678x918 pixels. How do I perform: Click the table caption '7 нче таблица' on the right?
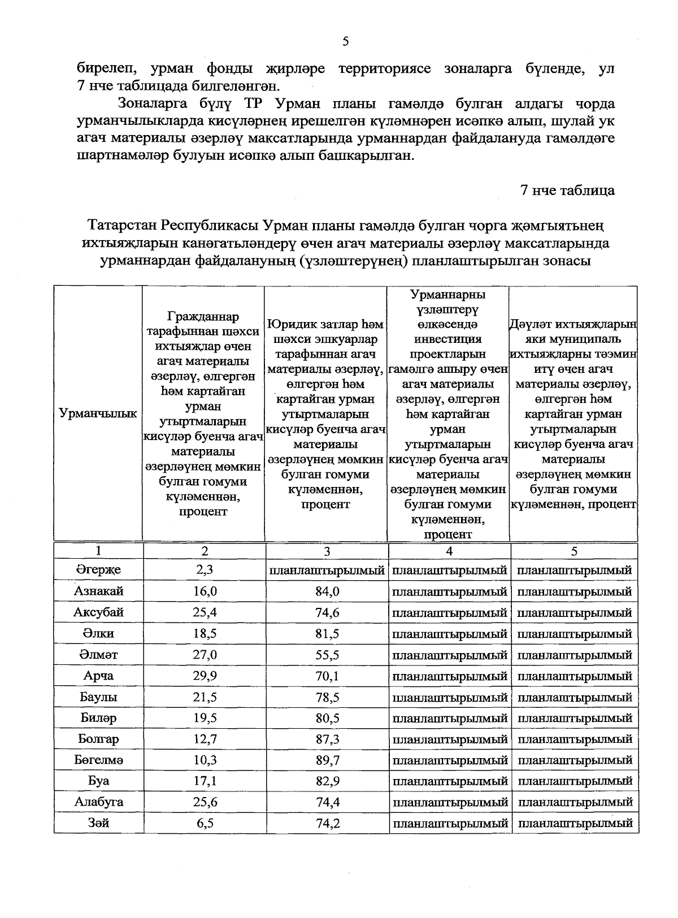(568, 190)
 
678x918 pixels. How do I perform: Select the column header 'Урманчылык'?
(98, 414)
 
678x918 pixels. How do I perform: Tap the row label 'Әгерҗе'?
(98, 570)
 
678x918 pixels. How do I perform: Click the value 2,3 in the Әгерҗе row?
(205, 570)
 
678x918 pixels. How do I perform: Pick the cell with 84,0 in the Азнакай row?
(327, 591)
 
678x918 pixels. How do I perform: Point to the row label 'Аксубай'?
(98, 612)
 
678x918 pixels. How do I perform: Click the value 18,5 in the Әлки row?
(205, 634)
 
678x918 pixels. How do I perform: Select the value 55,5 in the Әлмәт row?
(327, 655)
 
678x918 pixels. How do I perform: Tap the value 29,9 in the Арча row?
(205, 676)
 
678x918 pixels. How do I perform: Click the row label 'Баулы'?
(98, 697)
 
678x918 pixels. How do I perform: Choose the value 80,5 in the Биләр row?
(327, 719)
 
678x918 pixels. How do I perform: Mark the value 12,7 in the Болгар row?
(205, 739)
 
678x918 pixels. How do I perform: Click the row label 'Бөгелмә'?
(98, 760)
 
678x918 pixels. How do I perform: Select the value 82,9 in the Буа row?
(327, 781)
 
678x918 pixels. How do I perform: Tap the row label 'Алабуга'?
(98, 802)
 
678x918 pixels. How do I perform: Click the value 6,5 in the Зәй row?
(205, 824)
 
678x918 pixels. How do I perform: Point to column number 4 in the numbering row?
(449, 551)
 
